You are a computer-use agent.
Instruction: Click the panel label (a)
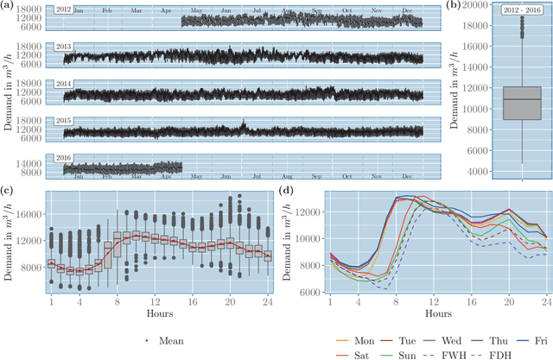pyautogui.click(x=6, y=5)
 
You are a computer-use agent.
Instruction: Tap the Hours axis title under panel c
pyautogui.click(x=159, y=313)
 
